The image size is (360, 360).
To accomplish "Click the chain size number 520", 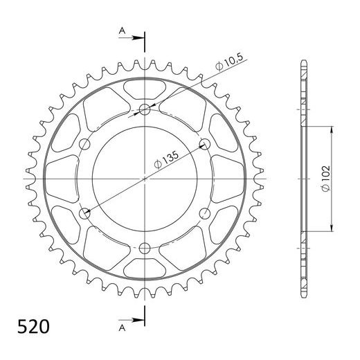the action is tap(33, 327).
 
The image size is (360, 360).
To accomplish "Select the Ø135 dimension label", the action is tap(166, 160).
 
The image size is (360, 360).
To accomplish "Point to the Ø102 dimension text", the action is tap(326, 179).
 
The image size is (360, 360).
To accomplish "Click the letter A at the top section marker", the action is tap(122, 30).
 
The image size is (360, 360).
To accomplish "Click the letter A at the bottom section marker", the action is tap(122, 327).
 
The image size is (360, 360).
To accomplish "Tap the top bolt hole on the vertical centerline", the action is tap(145, 109).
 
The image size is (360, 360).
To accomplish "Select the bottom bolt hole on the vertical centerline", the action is tap(145, 249).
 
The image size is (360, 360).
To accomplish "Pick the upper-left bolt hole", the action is tap(84, 144).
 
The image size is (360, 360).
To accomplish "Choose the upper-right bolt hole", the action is tap(205, 144).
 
